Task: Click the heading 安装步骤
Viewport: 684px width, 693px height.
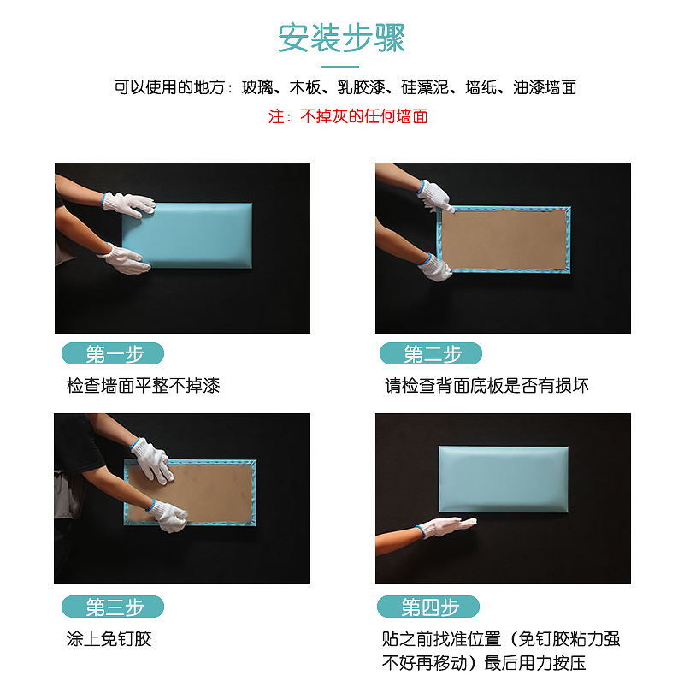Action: [x=341, y=38]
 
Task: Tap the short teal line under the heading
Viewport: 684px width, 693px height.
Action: [x=341, y=66]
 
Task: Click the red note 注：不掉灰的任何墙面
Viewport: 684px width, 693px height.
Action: [x=348, y=116]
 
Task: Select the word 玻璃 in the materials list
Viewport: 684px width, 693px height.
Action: [x=257, y=87]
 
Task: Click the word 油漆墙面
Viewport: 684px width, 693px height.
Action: [x=545, y=87]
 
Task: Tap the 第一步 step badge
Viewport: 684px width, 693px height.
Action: [x=113, y=353]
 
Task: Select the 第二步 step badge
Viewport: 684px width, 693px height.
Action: [x=431, y=353]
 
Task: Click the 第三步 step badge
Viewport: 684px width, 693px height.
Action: [x=113, y=607]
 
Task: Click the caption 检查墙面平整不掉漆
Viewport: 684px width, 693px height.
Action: [x=143, y=386]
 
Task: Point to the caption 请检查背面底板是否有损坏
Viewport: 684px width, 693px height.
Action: [x=486, y=386]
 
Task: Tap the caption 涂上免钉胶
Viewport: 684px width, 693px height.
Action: [x=109, y=639]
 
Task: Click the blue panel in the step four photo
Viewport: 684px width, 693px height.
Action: [x=503, y=479]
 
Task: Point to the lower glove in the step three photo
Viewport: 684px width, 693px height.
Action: [x=168, y=515]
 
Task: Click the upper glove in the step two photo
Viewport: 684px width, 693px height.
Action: [x=437, y=196]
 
